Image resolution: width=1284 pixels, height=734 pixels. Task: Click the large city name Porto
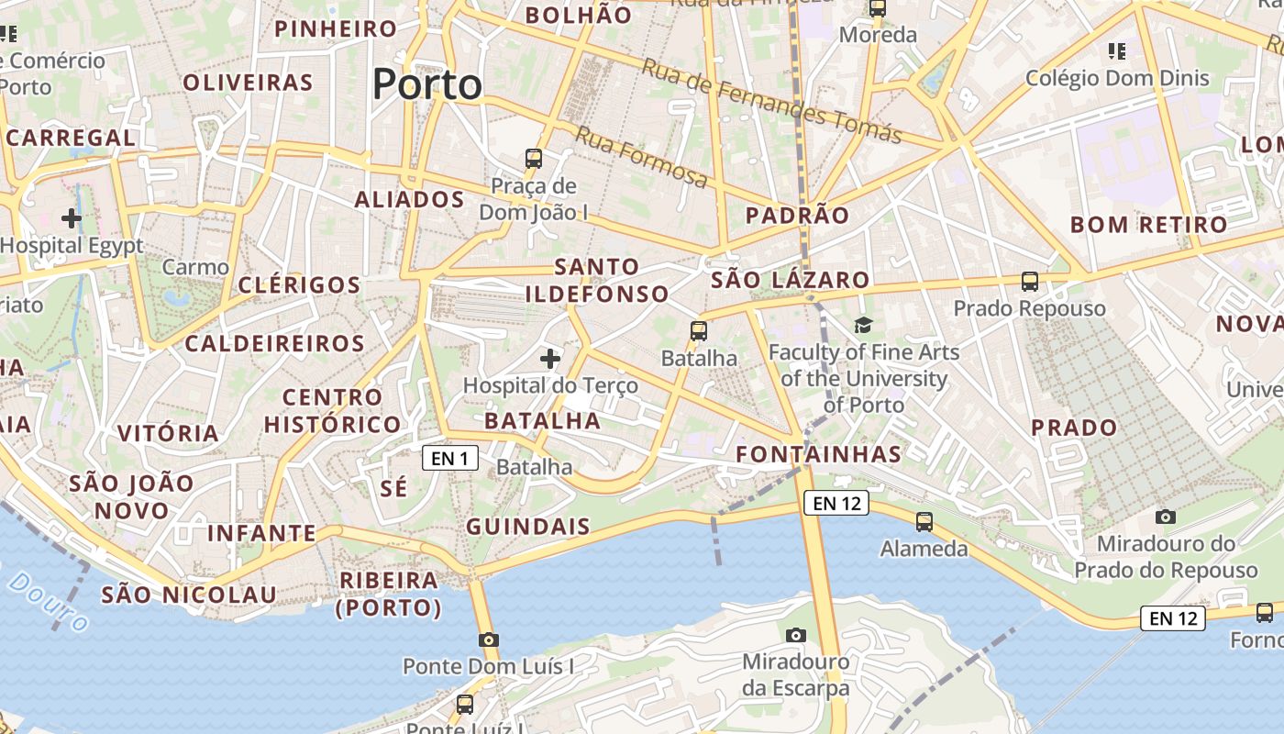tap(427, 84)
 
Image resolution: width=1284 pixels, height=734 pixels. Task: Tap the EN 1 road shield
tap(450, 458)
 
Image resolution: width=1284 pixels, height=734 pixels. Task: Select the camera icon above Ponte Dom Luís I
tap(488, 639)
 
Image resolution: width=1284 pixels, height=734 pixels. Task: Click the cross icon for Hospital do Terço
tap(550, 358)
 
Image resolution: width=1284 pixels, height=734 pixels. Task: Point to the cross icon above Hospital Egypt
tap(71, 218)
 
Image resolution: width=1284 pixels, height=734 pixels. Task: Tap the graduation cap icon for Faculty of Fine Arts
tap(863, 325)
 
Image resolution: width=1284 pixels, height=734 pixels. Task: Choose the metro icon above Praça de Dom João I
tap(534, 158)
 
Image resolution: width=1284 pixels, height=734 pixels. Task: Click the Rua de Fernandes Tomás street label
tap(771, 101)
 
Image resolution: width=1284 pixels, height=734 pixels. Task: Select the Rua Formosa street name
tap(642, 158)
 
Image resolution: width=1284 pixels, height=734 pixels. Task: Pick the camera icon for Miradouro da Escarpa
tap(796, 635)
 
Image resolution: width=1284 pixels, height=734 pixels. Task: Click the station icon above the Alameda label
tap(924, 521)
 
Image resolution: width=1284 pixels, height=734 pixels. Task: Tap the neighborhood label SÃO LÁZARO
tap(791, 280)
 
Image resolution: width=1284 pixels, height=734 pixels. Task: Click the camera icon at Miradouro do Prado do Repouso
tap(1166, 517)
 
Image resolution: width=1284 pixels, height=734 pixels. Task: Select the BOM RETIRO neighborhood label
tap(1148, 225)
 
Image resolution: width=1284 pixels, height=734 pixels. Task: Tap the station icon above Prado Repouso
tap(1030, 282)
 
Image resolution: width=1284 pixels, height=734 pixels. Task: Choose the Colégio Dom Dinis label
tap(1117, 78)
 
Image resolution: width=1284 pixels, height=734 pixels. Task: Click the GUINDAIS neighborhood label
tap(528, 527)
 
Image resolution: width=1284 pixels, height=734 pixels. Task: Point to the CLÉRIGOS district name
tap(300, 284)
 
